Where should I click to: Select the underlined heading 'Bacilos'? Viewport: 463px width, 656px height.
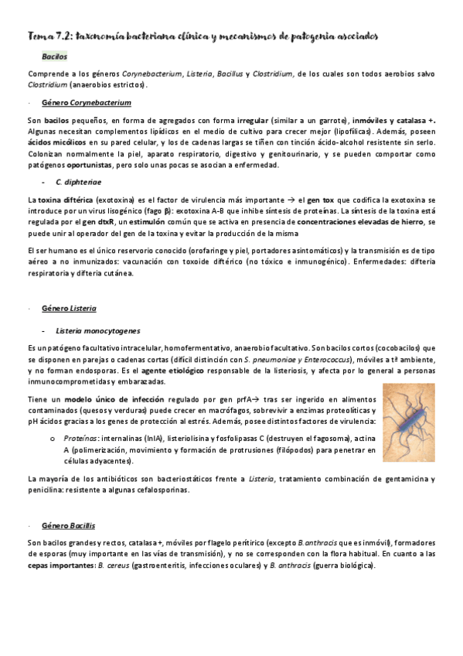[x=55, y=56]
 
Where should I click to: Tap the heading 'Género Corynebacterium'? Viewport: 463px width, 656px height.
[x=86, y=102]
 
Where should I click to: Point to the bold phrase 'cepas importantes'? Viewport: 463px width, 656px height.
[x=56, y=565]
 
